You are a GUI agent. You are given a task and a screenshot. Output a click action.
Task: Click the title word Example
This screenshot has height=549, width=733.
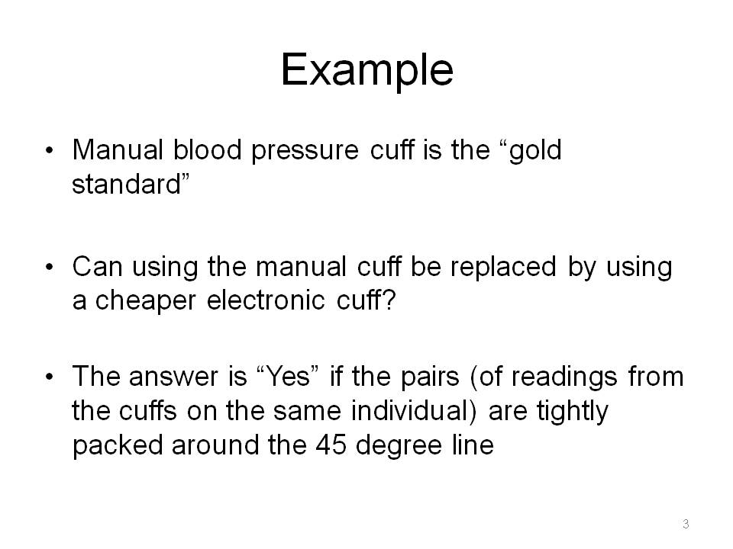click(367, 70)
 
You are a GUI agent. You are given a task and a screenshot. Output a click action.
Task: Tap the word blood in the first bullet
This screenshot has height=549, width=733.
click(207, 150)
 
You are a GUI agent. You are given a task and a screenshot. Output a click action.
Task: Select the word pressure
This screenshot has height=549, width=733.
click(305, 152)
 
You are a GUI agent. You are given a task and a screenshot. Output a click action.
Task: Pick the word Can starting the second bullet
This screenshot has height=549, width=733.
click(97, 267)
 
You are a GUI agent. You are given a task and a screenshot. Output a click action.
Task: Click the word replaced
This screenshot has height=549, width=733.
click(503, 267)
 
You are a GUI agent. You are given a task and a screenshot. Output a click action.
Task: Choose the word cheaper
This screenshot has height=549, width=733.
click(145, 301)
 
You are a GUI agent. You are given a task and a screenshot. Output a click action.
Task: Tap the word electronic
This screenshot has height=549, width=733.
click(266, 300)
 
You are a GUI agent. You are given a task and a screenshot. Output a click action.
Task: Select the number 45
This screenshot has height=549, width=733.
click(331, 445)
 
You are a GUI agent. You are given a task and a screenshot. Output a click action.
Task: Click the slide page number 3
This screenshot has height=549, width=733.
click(686, 524)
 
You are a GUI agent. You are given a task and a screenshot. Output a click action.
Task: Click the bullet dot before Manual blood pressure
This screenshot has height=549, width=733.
click(50, 150)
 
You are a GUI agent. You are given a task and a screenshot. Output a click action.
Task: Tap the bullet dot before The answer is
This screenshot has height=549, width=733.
click(50, 377)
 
